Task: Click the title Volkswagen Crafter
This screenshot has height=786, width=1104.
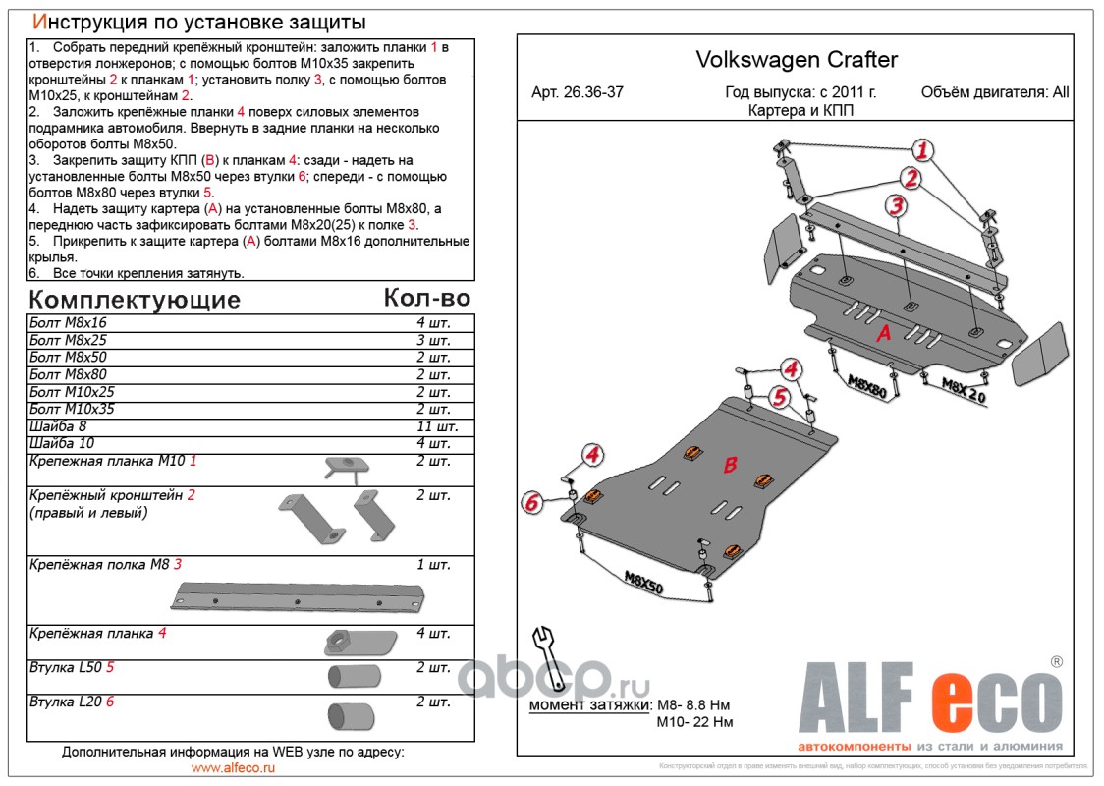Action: pos(797,60)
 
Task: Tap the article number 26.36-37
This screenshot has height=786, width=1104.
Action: pos(577,93)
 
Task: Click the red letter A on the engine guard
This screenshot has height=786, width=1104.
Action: pos(884,334)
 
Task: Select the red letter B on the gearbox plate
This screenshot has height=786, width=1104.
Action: pos(731,466)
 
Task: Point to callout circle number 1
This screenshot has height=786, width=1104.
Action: pos(922,150)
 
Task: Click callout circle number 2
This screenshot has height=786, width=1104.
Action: pos(911,178)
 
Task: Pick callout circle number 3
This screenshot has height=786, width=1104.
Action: pos(896,205)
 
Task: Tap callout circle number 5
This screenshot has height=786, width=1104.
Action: pos(780,397)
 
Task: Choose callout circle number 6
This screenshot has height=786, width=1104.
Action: pos(531,503)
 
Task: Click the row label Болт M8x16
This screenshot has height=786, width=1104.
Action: pos(69,323)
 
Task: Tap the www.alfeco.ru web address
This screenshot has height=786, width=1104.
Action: pos(233,768)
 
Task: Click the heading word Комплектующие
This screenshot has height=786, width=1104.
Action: pos(135,299)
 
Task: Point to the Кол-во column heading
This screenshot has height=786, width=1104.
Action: pos(427,297)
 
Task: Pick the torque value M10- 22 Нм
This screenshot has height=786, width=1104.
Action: pos(694,722)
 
